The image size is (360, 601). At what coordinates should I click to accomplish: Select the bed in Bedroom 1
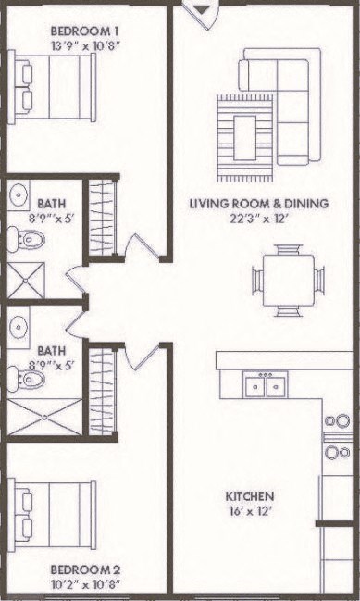tap(55, 85)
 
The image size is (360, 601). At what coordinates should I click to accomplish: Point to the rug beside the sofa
tap(245, 136)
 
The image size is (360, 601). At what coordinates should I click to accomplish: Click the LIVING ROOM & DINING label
tap(259, 204)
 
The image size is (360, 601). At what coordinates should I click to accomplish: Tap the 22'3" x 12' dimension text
tap(259, 219)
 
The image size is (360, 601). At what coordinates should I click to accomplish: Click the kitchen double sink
tap(264, 384)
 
